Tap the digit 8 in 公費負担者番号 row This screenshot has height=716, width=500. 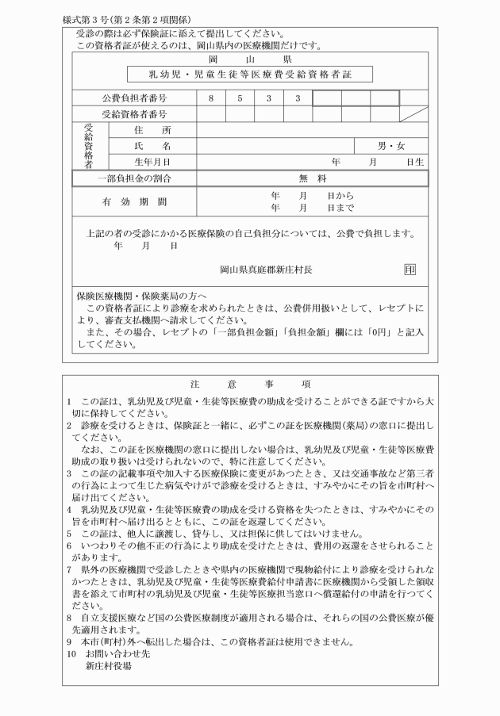[x=211, y=99]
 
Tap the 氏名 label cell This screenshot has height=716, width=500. [x=147, y=147]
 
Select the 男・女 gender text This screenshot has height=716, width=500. [x=391, y=147]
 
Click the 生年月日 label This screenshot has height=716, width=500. [x=147, y=163]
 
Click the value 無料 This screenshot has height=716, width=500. [x=312, y=179]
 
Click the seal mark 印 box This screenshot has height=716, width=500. [x=409, y=269]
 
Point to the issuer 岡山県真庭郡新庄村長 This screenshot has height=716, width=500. [x=266, y=270]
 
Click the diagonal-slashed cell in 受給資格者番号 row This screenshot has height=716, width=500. [x=413, y=114]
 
